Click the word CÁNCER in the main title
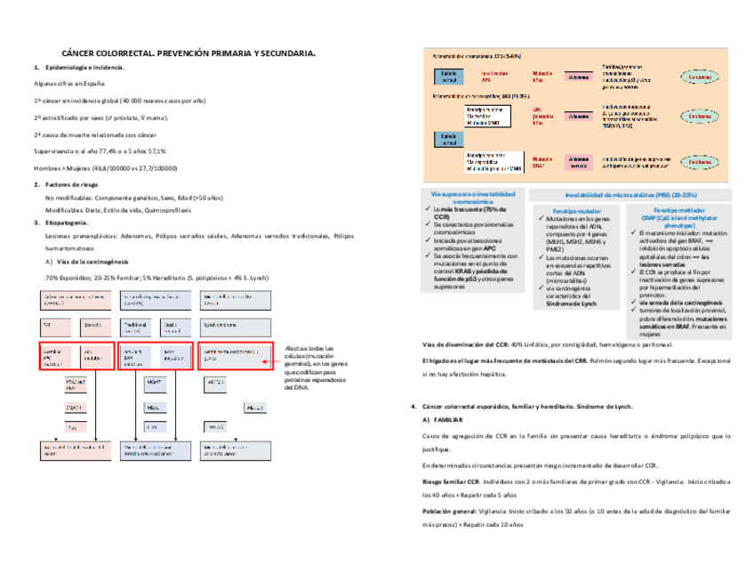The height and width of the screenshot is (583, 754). pyautogui.click(x=78, y=53)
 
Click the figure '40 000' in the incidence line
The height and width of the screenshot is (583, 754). pyautogui.click(x=133, y=101)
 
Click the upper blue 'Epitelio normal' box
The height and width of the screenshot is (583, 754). pyautogui.click(x=447, y=77)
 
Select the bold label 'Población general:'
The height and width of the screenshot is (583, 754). pyautogui.click(x=453, y=512)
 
